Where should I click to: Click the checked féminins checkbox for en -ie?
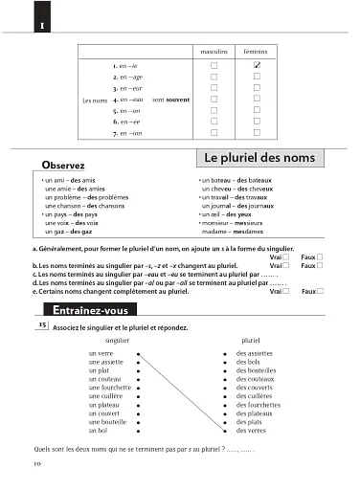(x=257, y=65)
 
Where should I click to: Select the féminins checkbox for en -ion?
(x=257, y=134)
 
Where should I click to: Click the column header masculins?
(x=214, y=48)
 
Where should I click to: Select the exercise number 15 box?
(x=41, y=326)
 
